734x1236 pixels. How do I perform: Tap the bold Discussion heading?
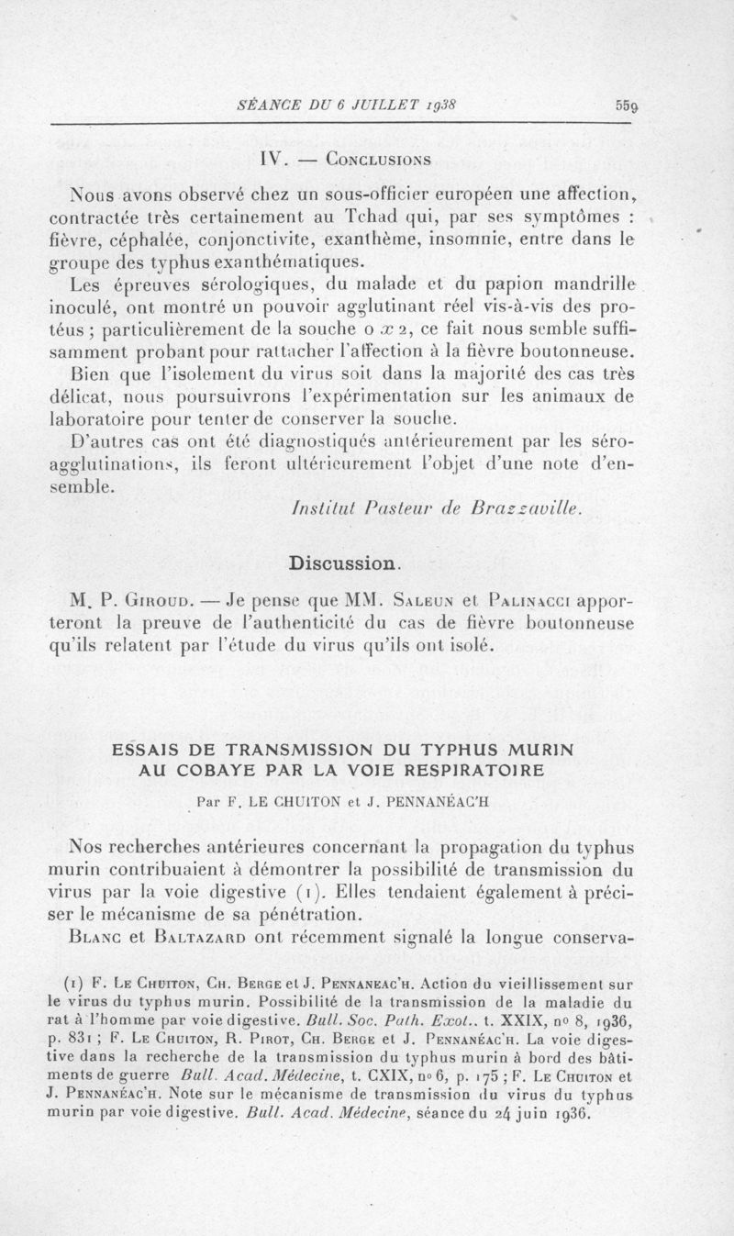pyautogui.click(x=344, y=561)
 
